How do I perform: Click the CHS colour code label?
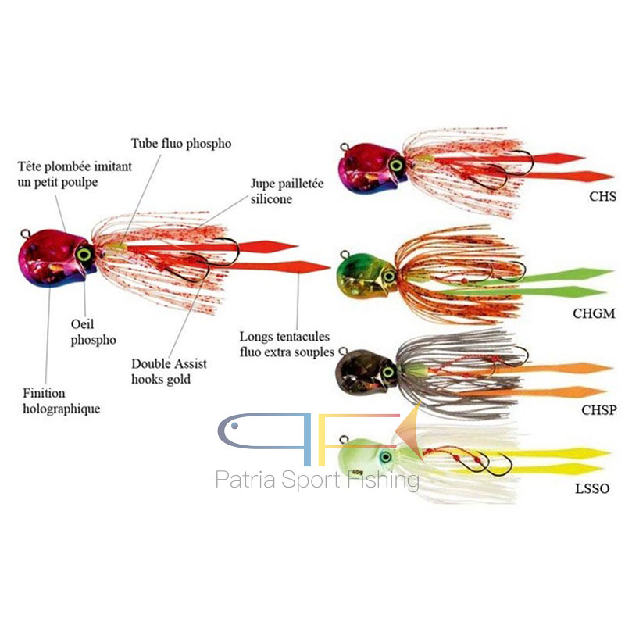pos(602,198)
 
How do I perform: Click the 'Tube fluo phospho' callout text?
pos(181,144)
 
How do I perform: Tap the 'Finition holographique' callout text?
pos(66,401)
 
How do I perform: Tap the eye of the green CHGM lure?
pos(388,275)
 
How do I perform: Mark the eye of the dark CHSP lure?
pos(388,373)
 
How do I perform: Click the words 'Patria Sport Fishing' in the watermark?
pos(317,478)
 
